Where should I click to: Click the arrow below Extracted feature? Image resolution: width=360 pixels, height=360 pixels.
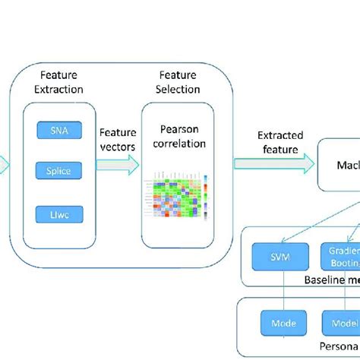click(x=273, y=163)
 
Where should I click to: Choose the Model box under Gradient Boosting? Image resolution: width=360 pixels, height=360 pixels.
click(x=341, y=322)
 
